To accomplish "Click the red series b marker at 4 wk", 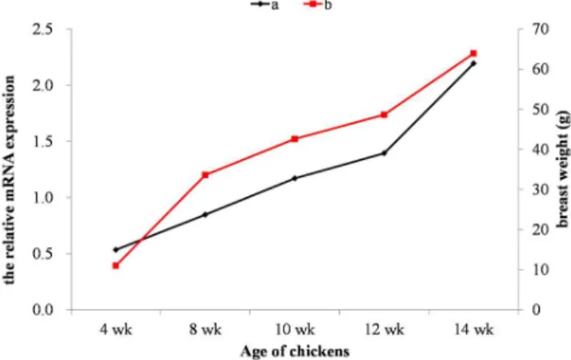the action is (x=116, y=266).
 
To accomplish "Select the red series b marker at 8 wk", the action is (x=205, y=175).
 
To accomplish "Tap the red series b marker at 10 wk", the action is (x=294, y=139).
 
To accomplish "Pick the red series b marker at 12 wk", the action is (x=384, y=115).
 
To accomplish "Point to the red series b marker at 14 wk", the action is (x=473, y=53).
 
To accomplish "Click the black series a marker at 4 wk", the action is (x=116, y=249).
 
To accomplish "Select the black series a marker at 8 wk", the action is (x=205, y=215).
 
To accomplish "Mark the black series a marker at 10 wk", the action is (x=294, y=178).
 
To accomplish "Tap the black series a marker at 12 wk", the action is (x=384, y=153).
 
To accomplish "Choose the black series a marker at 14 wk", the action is (x=473, y=64).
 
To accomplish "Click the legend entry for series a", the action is (x=265, y=5).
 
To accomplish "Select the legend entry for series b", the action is (x=317, y=5).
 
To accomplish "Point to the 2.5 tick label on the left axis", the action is (x=43, y=30).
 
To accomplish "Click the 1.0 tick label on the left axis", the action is (x=43, y=198).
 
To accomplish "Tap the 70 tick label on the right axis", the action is (x=540, y=29).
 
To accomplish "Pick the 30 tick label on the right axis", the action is (x=540, y=190).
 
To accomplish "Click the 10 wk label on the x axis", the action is (x=294, y=330).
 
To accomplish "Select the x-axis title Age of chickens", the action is (x=295, y=352).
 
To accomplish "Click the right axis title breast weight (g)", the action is (x=563, y=169).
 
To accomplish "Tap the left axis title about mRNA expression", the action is (x=10, y=180).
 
